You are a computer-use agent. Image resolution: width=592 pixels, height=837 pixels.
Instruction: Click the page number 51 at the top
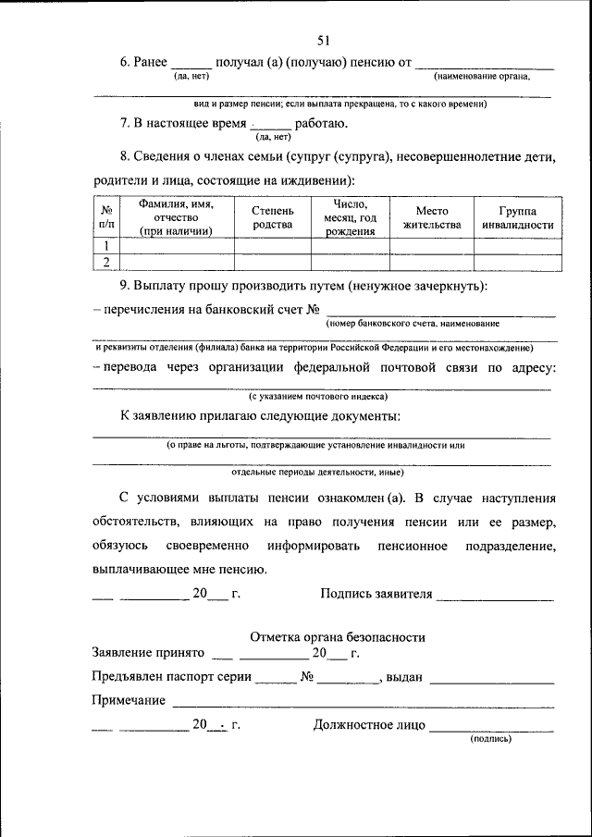tap(324, 40)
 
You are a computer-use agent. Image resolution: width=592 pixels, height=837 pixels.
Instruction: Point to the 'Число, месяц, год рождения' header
tap(351, 217)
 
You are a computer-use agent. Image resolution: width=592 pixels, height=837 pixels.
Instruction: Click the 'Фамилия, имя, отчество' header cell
tap(176, 217)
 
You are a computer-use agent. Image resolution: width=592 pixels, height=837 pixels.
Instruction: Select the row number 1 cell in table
tap(107, 246)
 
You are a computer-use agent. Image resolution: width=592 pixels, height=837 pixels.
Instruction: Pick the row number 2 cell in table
tap(107, 263)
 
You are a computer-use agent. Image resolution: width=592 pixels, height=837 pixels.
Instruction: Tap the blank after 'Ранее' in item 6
tap(191, 64)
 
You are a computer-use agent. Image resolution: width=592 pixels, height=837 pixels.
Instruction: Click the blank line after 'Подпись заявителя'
tap(495, 595)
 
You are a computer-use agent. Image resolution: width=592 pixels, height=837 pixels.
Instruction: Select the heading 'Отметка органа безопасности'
tap(339, 637)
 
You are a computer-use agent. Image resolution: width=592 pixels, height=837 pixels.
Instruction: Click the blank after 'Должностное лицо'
tap(491, 726)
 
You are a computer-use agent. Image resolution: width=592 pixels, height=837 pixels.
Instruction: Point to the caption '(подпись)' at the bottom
tap(491, 739)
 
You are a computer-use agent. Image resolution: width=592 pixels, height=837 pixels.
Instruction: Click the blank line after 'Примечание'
tap(362, 703)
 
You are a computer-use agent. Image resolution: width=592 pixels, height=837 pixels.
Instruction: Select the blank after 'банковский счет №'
tap(441, 312)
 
